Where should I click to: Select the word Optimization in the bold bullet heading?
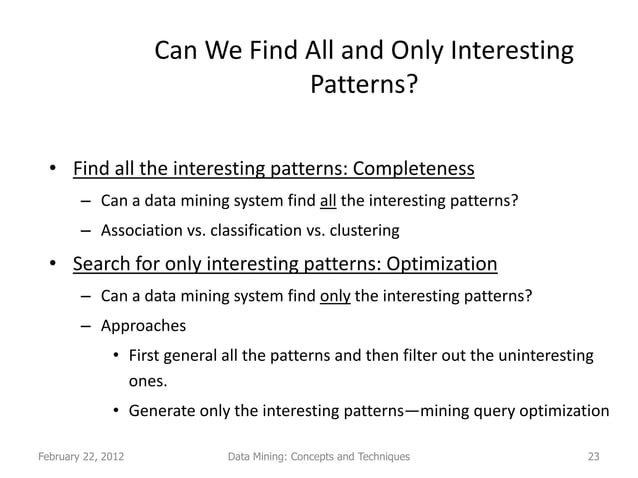442,265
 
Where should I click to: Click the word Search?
102,265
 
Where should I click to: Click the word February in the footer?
61,457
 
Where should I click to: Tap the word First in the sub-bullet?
146,356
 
